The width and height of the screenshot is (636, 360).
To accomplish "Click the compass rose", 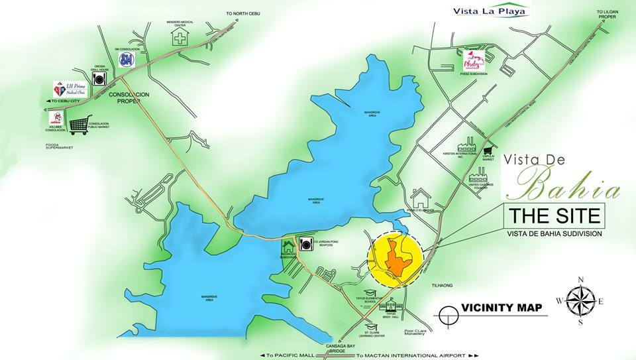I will (x=580, y=300).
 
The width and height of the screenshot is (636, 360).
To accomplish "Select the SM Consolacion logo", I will (x=127, y=60).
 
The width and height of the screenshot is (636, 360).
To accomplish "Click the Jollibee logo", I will (x=56, y=119).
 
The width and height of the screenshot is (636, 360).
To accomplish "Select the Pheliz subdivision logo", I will (x=475, y=62).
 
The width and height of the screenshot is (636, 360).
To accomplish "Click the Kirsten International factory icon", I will (x=471, y=145).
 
